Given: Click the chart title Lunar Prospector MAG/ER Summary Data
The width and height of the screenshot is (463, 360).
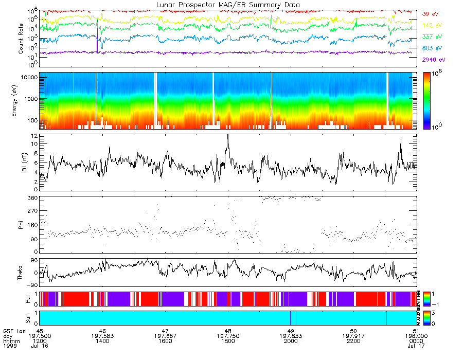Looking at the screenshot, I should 228,5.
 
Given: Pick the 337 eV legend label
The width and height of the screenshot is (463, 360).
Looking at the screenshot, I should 432,37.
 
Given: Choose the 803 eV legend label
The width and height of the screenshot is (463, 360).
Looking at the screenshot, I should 432,48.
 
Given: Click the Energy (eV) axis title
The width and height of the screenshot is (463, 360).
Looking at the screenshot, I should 21,101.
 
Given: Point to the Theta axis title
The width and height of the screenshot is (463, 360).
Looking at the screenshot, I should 21,274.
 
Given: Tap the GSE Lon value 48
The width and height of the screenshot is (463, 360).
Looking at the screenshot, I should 228,331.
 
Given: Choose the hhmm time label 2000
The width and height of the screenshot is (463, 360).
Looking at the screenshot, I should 291,341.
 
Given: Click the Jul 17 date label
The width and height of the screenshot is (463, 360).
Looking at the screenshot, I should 416,346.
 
